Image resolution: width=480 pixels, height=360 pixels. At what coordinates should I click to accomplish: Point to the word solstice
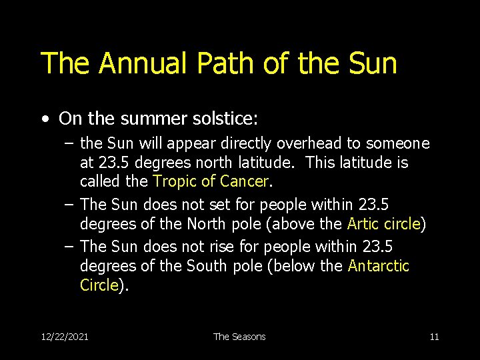coord(223,119)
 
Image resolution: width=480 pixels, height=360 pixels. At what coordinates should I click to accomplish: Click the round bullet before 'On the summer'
coord(44,119)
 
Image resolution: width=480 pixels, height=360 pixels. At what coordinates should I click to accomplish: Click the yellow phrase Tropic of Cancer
coord(210,181)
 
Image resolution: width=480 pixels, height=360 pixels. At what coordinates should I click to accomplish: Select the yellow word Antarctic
coord(379,266)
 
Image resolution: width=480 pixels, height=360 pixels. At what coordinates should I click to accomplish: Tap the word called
coord(99,181)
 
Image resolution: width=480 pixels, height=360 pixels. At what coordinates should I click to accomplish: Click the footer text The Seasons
coord(239,337)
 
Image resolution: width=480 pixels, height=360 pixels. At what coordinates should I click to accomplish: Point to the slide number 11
coord(434,337)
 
